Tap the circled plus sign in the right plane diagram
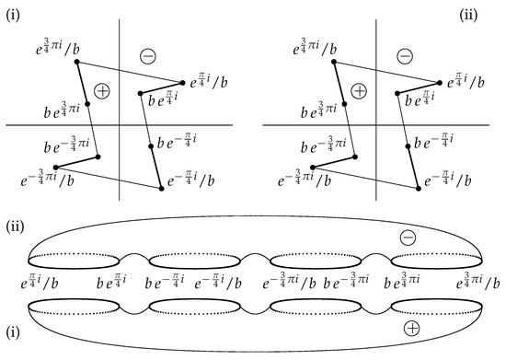pos(359,90)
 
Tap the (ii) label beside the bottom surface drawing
pos(13,225)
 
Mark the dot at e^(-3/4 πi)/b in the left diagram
pos(56,167)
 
